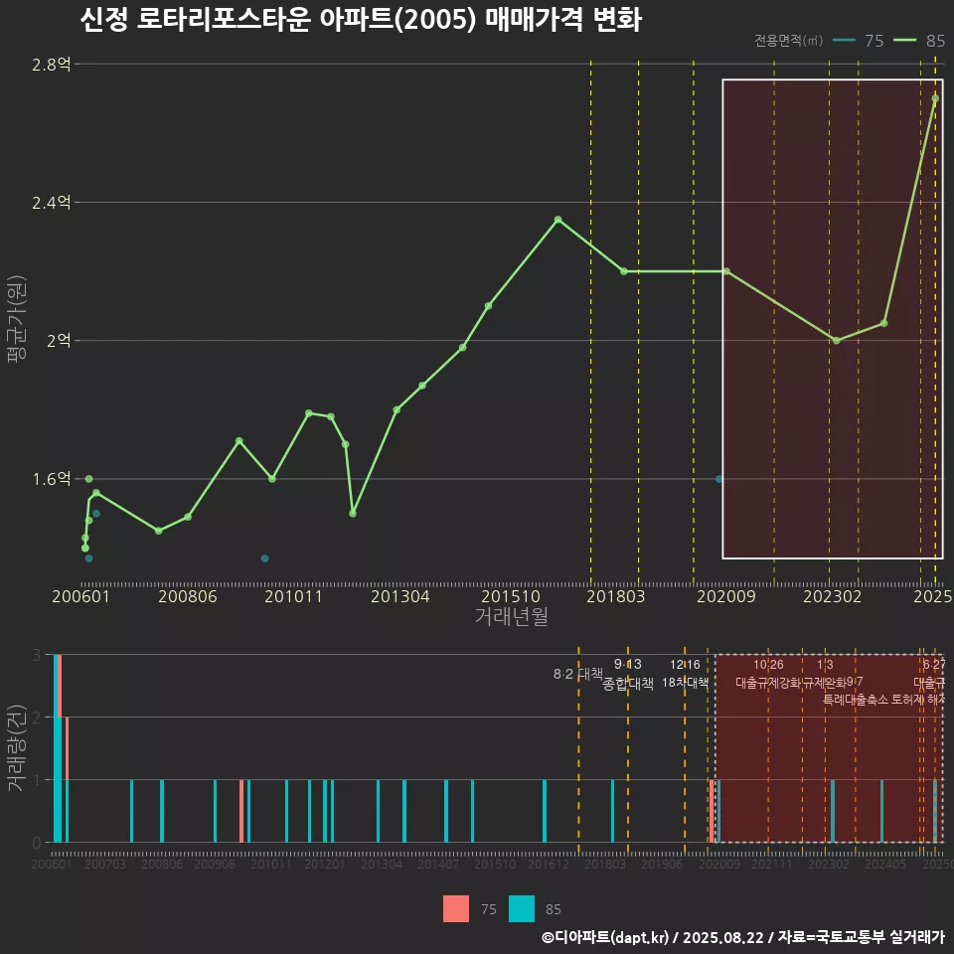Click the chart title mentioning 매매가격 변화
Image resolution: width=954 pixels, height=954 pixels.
(360, 20)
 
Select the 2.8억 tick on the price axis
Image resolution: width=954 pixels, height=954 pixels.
(52, 65)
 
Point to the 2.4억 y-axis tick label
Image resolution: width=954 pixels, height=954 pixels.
(52, 203)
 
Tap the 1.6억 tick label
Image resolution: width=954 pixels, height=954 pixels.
(52, 479)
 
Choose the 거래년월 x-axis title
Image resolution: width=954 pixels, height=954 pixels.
(511, 617)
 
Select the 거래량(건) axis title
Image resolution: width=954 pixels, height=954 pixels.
(16, 748)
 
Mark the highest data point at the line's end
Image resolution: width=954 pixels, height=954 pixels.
(935, 97)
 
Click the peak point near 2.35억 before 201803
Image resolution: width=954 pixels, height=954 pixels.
(557, 220)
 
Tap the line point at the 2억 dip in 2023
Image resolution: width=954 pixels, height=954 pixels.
(836, 341)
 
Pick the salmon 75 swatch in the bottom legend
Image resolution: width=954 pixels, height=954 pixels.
(456, 908)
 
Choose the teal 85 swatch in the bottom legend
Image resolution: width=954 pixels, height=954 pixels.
(522, 908)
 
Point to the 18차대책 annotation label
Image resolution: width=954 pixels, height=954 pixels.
(685, 683)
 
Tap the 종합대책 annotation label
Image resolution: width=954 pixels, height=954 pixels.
(628, 683)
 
